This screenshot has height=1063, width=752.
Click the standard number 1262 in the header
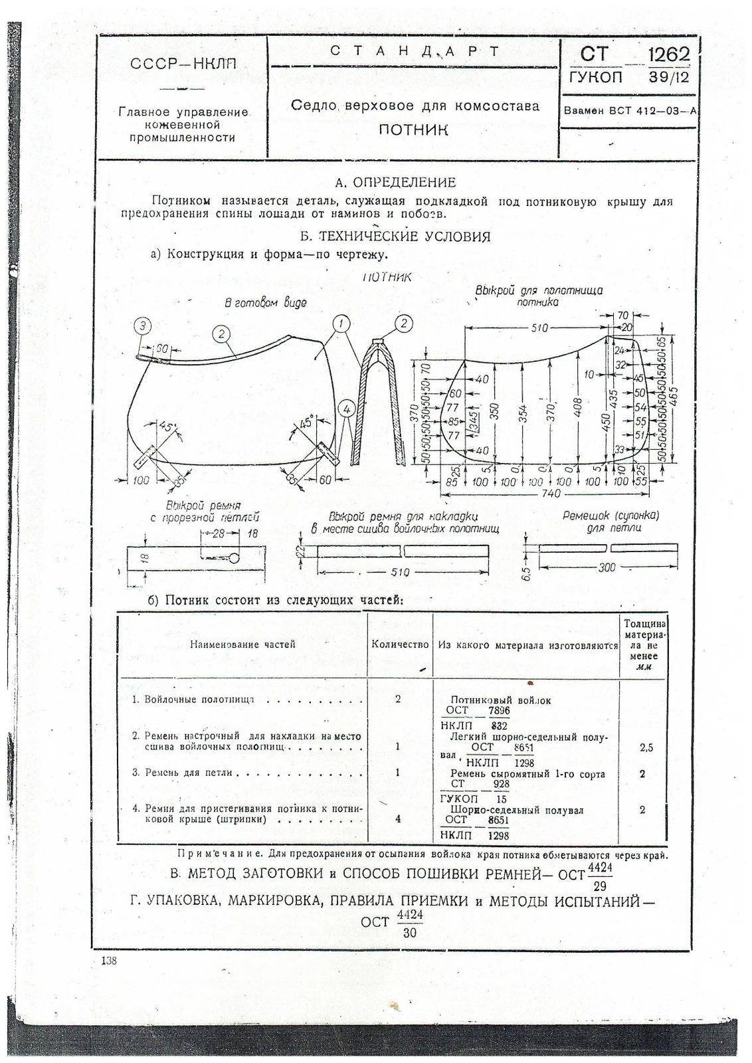point(669,54)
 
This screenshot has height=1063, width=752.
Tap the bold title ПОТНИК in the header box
point(413,129)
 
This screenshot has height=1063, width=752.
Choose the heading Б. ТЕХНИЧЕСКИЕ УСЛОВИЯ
point(395,237)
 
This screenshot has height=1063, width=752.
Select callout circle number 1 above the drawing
point(341,324)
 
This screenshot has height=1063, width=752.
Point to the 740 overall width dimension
point(551,494)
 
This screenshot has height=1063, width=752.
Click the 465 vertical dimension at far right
point(675,397)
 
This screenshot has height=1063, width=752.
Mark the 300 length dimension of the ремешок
point(607,567)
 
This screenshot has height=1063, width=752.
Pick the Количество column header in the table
point(400,644)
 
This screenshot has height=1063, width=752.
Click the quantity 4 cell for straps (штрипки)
point(398,819)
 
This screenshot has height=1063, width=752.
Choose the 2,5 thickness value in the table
point(646,747)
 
